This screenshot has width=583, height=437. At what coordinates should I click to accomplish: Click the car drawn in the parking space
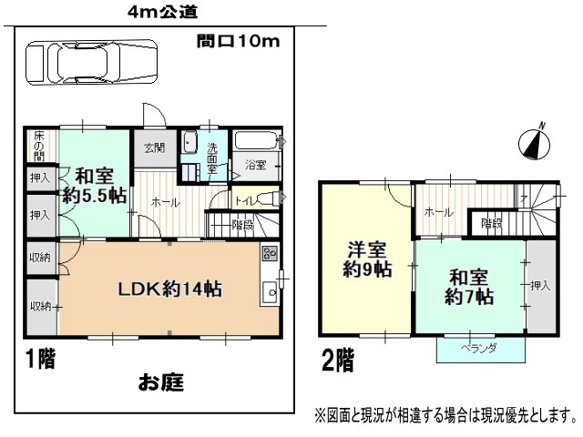coord(91,62)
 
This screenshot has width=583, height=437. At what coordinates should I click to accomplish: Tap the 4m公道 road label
coord(162,12)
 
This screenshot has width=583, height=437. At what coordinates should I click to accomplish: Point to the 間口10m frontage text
coord(238,41)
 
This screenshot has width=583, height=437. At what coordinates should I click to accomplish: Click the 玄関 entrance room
coord(155,148)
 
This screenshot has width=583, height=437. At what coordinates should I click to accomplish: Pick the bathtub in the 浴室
coord(257,140)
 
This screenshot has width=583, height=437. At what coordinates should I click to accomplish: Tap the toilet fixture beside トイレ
coord(269,198)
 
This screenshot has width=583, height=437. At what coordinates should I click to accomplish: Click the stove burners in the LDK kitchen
coord(271,253)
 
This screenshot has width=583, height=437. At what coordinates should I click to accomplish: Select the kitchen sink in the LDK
coord(271,292)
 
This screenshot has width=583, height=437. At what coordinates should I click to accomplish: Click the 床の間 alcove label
coord(38,146)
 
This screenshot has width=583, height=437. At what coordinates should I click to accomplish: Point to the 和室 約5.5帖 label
coord(95,186)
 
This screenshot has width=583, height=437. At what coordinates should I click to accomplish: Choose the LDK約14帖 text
coord(169,289)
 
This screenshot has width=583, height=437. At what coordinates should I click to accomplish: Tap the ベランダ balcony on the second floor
coord(481,350)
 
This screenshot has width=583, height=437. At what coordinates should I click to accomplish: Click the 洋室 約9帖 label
coord(367,259)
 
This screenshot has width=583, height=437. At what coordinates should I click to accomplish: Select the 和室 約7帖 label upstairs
coord(469,287)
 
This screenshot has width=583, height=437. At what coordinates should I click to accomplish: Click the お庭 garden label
coord(161,382)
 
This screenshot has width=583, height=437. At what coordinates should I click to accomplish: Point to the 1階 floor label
coord(40,359)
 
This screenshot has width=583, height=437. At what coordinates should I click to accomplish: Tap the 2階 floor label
coord(338,360)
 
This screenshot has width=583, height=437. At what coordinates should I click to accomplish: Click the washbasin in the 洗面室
coord(190,142)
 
